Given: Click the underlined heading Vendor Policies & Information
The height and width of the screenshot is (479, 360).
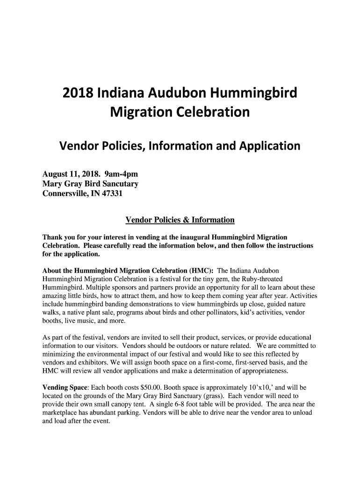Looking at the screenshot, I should tap(180, 220).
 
